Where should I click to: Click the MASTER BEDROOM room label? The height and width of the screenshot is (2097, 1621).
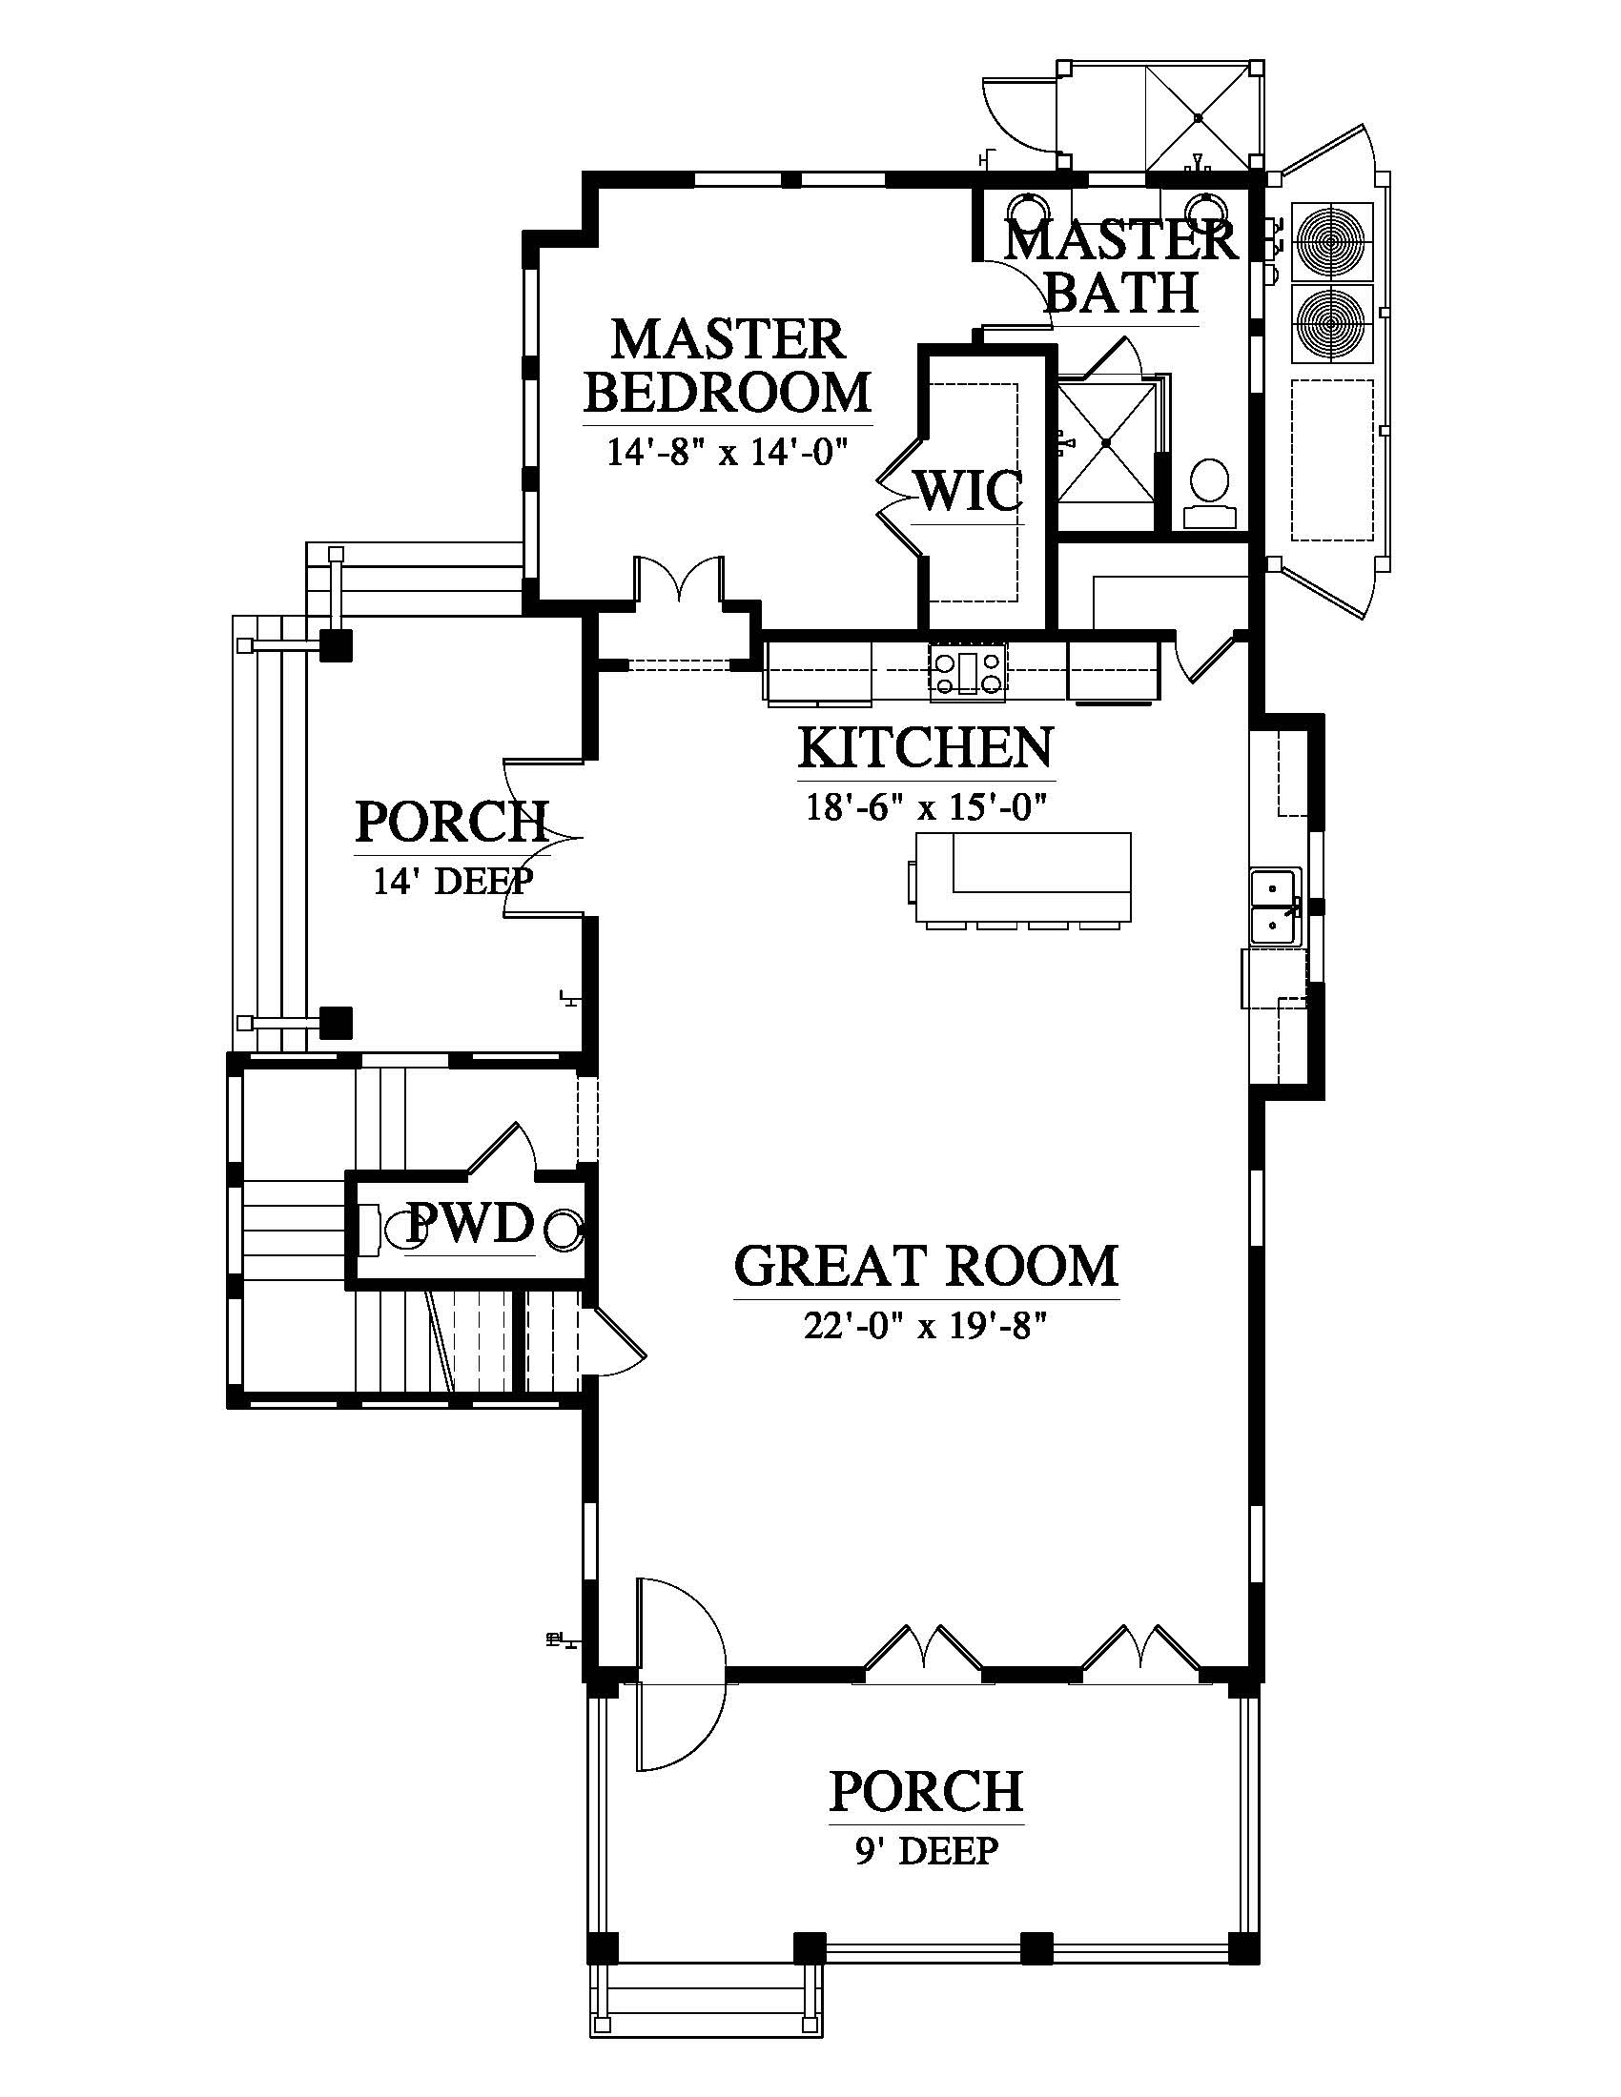(727, 366)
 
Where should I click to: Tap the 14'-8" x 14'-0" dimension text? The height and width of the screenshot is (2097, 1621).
(727, 450)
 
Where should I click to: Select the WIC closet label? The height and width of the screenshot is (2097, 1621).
(967, 491)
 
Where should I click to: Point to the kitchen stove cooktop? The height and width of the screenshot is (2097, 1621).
(967, 669)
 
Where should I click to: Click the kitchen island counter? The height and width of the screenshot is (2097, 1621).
(1024, 879)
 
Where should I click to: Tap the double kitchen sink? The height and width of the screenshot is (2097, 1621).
(1276, 906)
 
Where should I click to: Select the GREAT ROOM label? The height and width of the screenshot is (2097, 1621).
(926, 1266)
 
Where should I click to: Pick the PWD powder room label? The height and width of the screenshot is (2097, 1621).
(470, 1224)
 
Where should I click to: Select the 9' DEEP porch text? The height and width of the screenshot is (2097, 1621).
(928, 1848)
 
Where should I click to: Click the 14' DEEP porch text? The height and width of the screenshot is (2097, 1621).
(452, 881)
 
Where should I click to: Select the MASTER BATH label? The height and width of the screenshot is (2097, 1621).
(1120, 266)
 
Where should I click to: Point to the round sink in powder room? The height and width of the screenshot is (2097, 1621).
(563, 1228)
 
